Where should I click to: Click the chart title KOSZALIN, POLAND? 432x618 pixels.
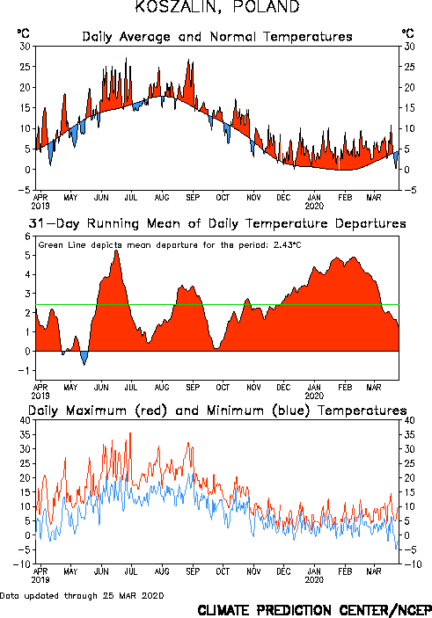click(217, 7)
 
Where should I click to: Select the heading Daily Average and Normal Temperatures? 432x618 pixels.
click(217, 37)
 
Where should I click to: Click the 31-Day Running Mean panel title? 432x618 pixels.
click(217, 223)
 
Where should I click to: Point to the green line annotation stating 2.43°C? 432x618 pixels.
click(170, 245)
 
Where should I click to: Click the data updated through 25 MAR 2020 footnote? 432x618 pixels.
click(82, 595)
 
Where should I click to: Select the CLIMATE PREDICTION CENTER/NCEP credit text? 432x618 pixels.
click(314, 610)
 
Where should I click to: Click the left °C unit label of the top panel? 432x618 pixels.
click(23, 33)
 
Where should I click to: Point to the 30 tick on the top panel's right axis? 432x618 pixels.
click(409, 47)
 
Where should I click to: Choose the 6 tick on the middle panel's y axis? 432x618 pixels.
click(27, 236)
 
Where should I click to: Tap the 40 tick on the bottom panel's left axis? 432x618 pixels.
click(26, 420)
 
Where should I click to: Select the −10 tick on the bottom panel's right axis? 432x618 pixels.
click(413, 564)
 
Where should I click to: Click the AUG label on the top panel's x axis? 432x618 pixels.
click(162, 198)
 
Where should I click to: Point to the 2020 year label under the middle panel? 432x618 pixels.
click(314, 396)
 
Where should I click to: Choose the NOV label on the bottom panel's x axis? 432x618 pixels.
click(253, 571)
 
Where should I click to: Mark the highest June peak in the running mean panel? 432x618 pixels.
click(116, 251)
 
